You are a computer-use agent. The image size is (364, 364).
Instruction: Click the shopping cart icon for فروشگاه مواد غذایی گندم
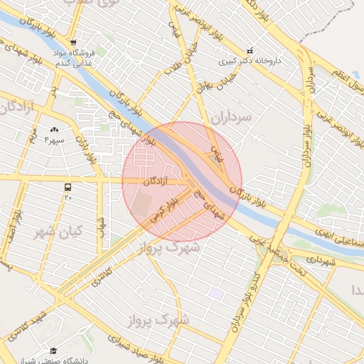(x=73, y=41)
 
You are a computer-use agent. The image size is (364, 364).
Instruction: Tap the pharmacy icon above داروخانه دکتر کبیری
(x=250, y=50)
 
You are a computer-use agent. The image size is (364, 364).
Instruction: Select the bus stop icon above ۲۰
(x=68, y=187)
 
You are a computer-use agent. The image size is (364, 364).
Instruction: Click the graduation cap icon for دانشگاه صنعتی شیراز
(x=53, y=351)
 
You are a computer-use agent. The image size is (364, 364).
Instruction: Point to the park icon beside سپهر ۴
(x=55, y=130)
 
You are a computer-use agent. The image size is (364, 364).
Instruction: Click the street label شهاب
(x=102, y=227)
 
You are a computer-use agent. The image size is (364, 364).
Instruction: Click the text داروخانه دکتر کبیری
(x=253, y=61)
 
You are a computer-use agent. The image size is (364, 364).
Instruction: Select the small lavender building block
(x=216, y=294)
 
